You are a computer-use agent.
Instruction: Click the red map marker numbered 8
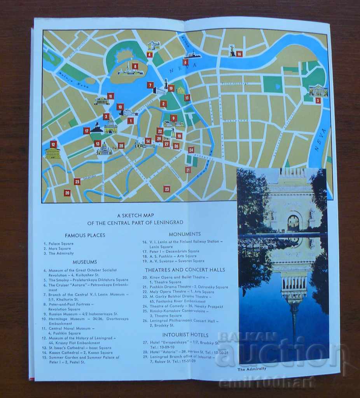pos(135,66)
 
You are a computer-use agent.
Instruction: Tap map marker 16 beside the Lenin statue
pos(239,54)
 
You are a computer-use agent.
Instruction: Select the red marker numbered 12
pos(54,145)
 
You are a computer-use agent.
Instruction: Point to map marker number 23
pos(167,189)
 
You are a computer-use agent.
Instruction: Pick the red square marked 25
pos(77,182)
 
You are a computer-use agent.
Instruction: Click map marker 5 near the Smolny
pos(318,101)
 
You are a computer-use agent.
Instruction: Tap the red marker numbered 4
pos(150,55)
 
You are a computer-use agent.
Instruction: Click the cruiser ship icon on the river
pos(192,56)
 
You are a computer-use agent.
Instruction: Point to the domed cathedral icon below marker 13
pos(104,149)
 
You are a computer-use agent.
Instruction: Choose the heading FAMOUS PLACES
pos(85,235)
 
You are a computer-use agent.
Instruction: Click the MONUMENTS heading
pos(185,234)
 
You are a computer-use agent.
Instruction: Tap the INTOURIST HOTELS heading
pos(185,335)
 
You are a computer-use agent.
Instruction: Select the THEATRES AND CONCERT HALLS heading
pos(185,270)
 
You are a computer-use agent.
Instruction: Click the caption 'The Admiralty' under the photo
pos(252,369)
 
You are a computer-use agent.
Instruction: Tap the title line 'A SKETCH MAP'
pos(134,215)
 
